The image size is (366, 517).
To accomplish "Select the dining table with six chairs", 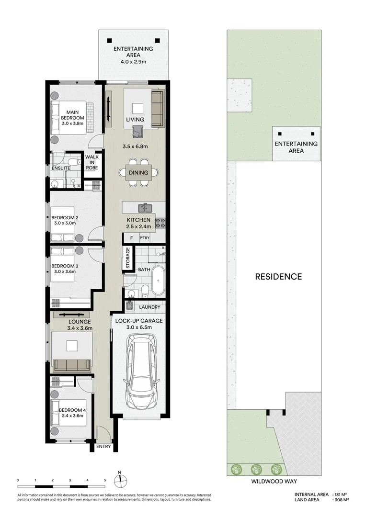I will click(x=138, y=173).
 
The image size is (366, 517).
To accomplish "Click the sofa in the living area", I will click(x=157, y=108).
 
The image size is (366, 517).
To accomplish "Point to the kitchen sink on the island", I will click(x=145, y=208).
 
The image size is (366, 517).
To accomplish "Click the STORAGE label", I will click(x=128, y=258).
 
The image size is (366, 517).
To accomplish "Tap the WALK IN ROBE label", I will click(x=91, y=163).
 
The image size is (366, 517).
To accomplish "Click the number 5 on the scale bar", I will click(x=105, y=480).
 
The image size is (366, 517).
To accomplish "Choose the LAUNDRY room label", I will click(x=149, y=307).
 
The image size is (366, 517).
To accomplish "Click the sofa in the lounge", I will click(x=72, y=365).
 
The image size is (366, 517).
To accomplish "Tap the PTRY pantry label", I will click(x=144, y=238).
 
